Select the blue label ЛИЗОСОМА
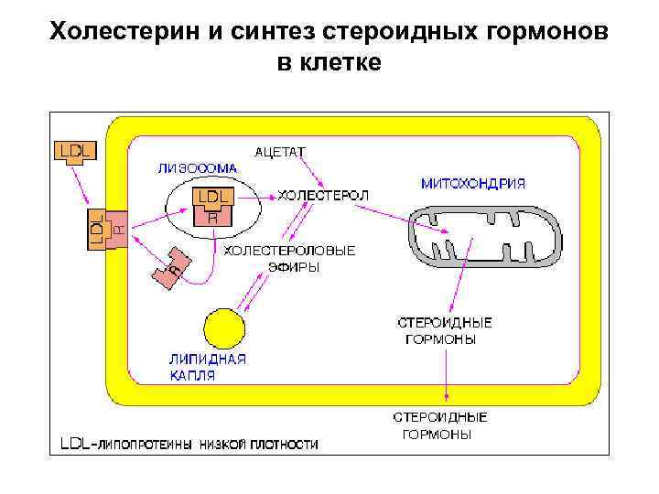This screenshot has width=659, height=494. coord(197,168)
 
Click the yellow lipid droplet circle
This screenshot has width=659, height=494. coord(223,329)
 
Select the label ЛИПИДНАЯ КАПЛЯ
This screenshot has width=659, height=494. coord(207,367)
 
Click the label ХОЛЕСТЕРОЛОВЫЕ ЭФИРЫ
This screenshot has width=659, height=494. coord(290,257)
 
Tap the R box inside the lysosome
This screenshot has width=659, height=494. coord(212,218)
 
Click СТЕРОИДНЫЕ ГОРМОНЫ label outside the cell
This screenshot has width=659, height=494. coord(440,425)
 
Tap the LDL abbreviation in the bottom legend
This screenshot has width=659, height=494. coord(77,446)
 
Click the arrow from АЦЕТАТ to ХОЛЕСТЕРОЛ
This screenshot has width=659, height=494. coord(319,174)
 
